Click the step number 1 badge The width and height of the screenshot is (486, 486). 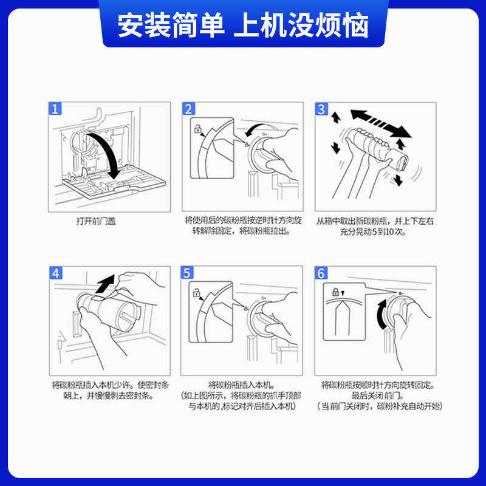(55, 109)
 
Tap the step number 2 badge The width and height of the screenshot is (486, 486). (188, 109)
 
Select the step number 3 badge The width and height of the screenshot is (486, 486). (321, 109)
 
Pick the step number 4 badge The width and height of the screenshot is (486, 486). (56, 273)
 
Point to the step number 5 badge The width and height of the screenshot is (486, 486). (187, 273)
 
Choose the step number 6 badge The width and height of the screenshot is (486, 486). (321, 273)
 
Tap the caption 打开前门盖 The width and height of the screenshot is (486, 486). (96, 221)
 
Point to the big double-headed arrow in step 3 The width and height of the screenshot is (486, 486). (381, 123)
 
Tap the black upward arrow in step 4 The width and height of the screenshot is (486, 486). (105, 283)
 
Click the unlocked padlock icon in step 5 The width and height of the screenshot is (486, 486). (196, 292)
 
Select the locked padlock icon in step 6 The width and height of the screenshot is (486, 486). (335, 292)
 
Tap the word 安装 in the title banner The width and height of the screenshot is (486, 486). (145, 25)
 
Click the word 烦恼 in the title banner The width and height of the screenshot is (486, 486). (342, 25)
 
